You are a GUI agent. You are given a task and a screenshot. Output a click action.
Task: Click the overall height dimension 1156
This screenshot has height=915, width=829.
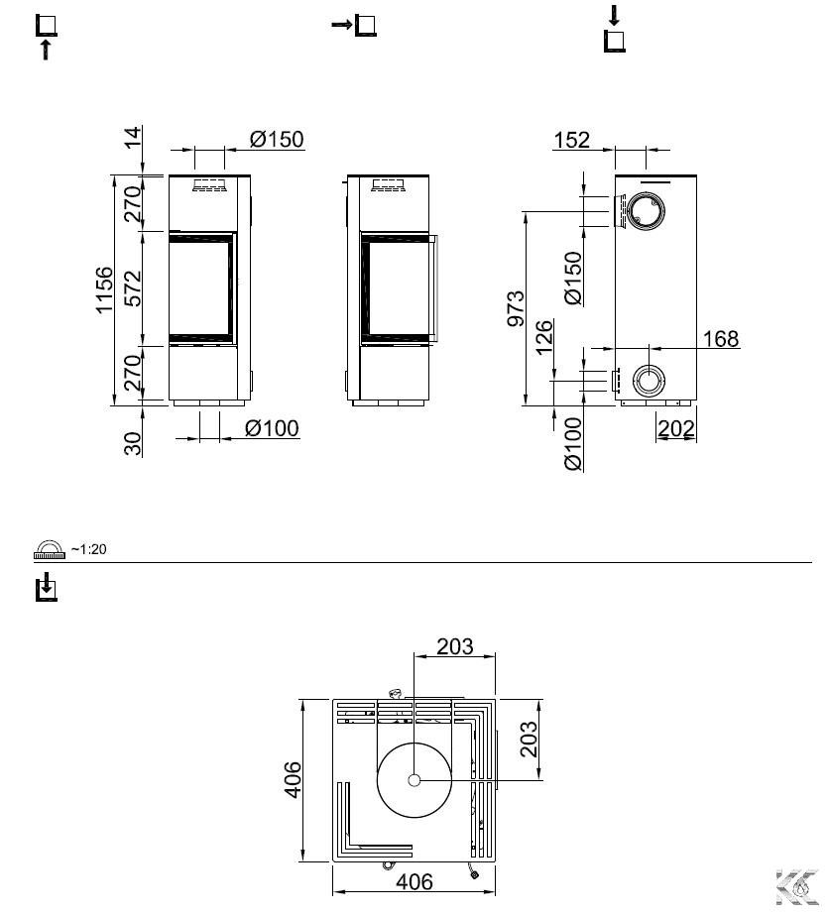pos(104,290)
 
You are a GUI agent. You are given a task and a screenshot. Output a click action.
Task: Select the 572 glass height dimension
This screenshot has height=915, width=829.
pos(133,288)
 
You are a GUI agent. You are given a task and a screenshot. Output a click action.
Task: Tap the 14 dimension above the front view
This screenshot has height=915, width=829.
pos(133,137)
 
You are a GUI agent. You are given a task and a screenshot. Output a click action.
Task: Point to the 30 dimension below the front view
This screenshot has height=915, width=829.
pos(133,443)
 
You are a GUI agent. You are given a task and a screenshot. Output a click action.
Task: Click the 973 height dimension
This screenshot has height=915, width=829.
pos(516,307)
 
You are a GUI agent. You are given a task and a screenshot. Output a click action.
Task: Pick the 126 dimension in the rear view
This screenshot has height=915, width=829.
pos(543,337)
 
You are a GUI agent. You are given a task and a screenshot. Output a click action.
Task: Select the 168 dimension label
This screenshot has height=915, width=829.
pos(721,338)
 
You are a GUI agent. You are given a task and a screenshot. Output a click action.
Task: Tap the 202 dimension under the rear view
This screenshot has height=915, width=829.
pos(676,429)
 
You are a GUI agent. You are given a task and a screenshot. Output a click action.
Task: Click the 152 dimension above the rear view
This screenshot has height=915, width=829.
pos(571,140)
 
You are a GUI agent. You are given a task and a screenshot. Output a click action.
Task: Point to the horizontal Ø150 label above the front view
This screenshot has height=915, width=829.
pos(277,139)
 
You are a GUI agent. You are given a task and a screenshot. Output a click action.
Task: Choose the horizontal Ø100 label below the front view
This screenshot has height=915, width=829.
pos(272,428)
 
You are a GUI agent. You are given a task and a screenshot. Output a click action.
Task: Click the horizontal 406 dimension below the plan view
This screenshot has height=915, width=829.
pos(414,881)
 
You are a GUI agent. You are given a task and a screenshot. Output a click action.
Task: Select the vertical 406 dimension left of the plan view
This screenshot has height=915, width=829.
pos(294,779)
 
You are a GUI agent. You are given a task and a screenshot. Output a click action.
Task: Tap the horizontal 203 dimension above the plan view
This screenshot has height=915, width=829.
pos(455,646)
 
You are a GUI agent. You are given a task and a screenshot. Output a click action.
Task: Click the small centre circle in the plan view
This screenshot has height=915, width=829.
pos(414,779)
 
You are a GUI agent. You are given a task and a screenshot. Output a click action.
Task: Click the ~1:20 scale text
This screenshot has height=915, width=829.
pos(88,549)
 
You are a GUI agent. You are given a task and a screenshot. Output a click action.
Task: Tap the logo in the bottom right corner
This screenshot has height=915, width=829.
pos(796,886)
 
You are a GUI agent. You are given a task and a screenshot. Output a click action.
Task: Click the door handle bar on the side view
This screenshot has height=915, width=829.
pos(435,288)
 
